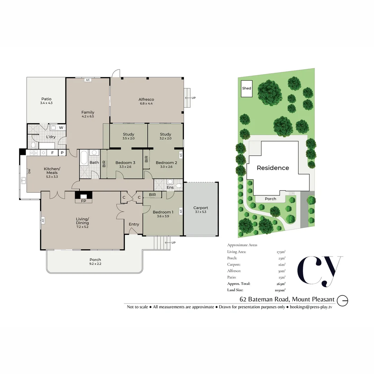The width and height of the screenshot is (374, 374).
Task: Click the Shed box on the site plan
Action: (x=247, y=89)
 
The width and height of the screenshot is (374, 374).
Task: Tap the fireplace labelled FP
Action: (x=83, y=197)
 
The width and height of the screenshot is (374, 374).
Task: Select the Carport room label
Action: (x=201, y=208)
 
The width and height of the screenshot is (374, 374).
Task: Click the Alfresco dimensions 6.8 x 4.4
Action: (x=146, y=104)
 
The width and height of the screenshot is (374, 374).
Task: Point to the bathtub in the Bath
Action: (x=84, y=158)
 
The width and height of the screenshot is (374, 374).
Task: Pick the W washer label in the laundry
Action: (x=61, y=127)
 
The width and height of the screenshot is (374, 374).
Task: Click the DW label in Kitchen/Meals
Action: (x=29, y=171)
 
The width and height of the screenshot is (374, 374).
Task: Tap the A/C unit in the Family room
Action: (x=88, y=80)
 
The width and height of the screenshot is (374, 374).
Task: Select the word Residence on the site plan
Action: (x=273, y=168)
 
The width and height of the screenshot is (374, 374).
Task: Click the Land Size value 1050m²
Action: (x=280, y=290)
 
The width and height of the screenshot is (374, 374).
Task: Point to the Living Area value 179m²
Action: (x=281, y=252)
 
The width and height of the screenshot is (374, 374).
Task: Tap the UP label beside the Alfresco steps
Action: (x=194, y=98)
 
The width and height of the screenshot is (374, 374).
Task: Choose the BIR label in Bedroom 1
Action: (x=152, y=195)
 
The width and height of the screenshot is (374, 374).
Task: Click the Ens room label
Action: (x=170, y=187)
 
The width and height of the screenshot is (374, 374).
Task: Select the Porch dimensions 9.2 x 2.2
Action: (x=95, y=264)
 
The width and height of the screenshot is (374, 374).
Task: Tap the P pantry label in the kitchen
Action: (x=62, y=153)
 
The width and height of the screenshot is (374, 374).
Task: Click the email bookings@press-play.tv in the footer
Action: (x=311, y=307)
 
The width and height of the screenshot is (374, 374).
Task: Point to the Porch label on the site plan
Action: (x=270, y=199)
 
